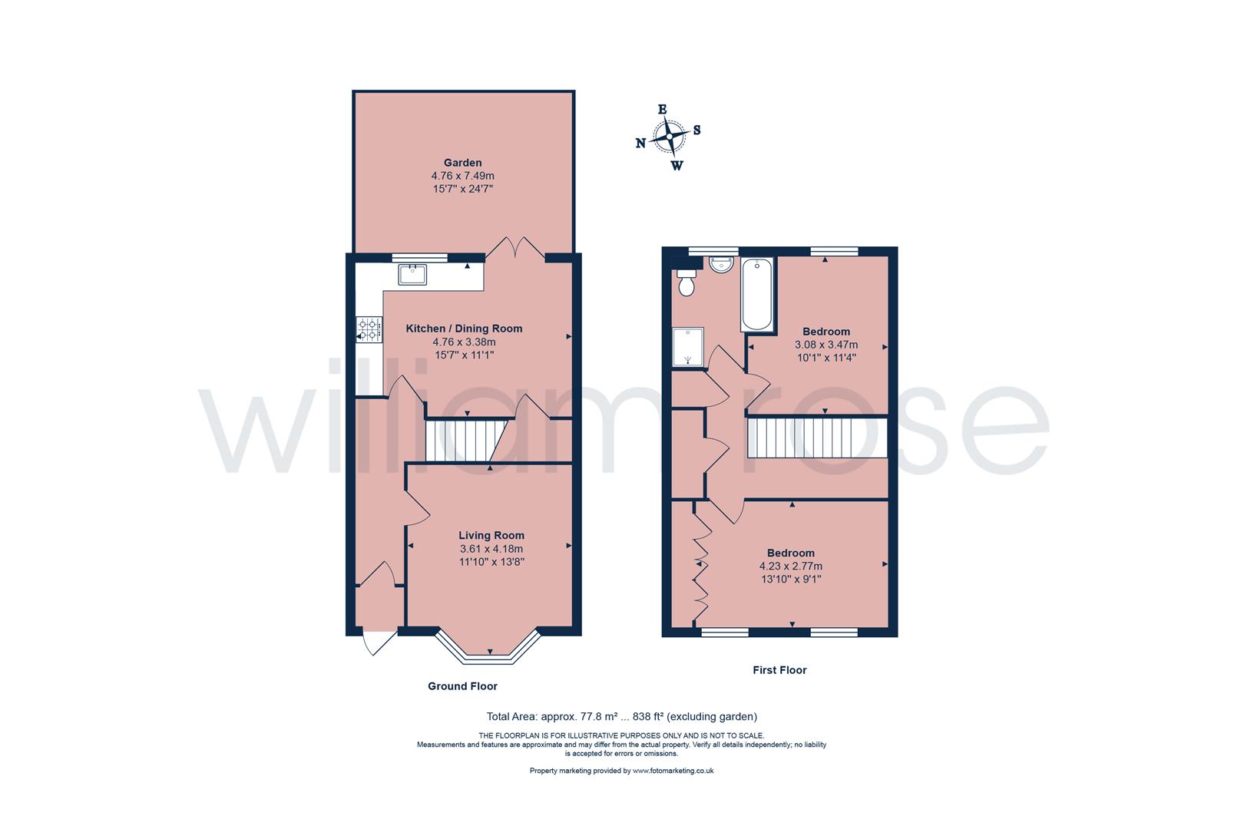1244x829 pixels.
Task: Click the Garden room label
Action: (462, 163)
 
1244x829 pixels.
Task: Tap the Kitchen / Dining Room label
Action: (464, 329)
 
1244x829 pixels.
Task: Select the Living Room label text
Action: (491, 536)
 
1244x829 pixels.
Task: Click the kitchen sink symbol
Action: (412, 273)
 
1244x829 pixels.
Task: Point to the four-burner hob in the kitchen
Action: (369, 329)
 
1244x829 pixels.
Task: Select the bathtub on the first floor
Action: (758, 293)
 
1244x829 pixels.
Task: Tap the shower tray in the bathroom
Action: (688, 348)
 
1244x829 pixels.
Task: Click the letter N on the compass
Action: (640, 143)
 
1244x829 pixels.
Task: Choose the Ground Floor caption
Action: (462, 686)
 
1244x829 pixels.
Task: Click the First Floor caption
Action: (779, 670)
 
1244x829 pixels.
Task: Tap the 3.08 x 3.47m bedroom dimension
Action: (826, 345)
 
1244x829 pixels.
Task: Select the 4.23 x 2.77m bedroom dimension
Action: (791, 566)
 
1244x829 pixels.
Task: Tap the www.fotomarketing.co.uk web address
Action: (673, 771)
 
